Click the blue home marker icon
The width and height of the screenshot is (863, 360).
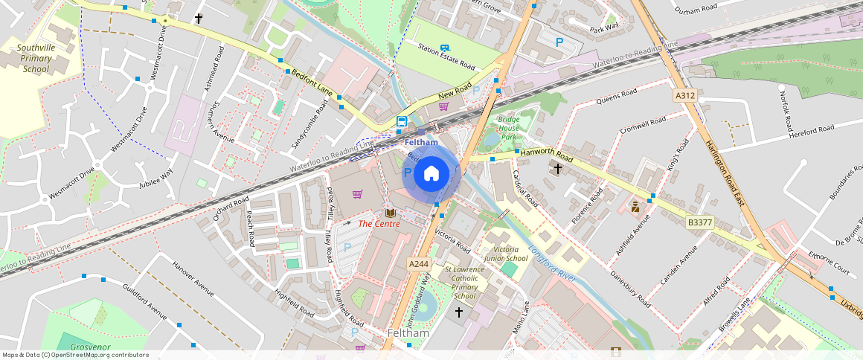[431, 174]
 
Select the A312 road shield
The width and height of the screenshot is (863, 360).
[684, 96]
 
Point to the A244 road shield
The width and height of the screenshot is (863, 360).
[418, 264]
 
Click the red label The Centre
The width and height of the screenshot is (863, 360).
[379, 223]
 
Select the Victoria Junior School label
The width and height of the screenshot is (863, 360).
[506, 254]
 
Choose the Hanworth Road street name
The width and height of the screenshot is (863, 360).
[547, 154]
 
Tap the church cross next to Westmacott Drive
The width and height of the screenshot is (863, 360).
[199, 18]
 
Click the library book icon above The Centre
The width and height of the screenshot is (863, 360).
[389, 213]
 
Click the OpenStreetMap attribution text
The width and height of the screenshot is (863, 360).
[76, 355]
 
